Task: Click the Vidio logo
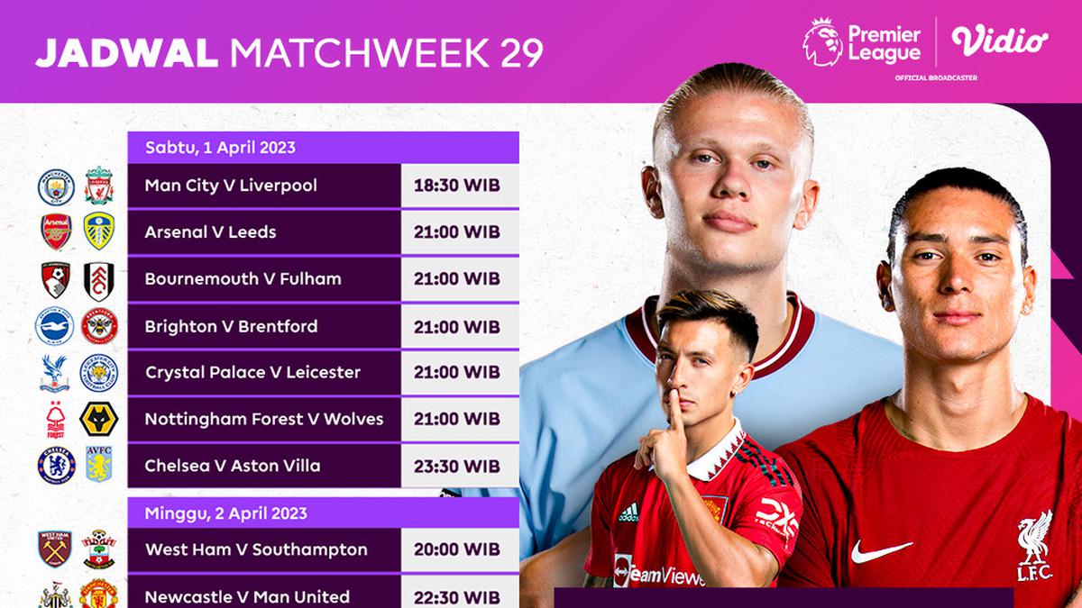tap(999, 41)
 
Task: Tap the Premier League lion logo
tap(821, 41)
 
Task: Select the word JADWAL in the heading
tap(126, 53)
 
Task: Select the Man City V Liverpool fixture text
tap(231, 186)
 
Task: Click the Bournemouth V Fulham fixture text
tap(243, 279)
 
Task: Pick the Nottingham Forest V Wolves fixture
tap(263, 419)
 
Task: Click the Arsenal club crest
tap(55, 231)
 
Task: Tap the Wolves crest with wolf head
tap(97, 419)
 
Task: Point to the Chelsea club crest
tap(55, 466)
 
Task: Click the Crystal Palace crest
tap(55, 372)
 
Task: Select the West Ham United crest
tap(55, 549)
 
